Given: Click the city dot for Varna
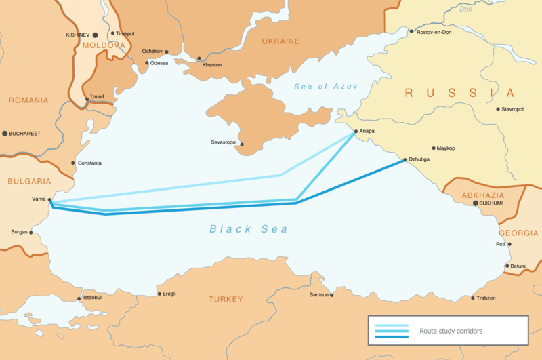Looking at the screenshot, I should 50,200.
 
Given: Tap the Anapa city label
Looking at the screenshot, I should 364,131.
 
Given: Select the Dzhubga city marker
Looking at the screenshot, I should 404,160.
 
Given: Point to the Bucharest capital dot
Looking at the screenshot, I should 5,134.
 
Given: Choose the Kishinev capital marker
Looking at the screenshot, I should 95,34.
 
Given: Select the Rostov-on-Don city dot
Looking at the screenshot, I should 411,31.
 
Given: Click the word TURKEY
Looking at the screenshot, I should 226,299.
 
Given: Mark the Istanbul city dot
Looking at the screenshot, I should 79,298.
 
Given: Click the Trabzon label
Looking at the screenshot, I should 485,298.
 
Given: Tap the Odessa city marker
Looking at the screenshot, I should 147,63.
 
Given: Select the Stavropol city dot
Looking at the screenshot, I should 498,109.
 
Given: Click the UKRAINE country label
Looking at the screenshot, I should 280,41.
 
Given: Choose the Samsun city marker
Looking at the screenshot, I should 332,294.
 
